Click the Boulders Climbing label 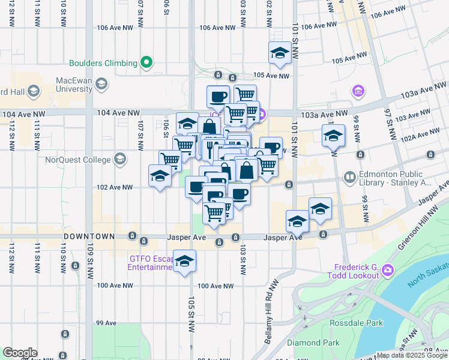[103, 62]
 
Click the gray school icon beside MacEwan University [100, 85]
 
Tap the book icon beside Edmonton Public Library [349, 178]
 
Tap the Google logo [20, 353]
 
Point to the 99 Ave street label [106, 323]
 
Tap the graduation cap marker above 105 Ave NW [279, 55]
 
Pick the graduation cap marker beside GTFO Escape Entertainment [185, 261]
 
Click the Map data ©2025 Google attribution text [412, 355]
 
